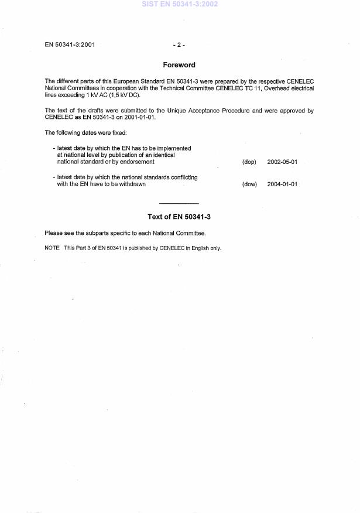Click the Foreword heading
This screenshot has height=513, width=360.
click(x=179, y=65)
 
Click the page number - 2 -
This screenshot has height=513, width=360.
click(x=179, y=45)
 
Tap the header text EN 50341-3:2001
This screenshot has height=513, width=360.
click(x=70, y=45)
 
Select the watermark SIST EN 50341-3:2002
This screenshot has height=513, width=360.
click(x=179, y=4)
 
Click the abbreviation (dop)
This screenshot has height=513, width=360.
click(x=249, y=162)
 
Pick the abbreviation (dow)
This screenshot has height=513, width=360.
click(x=249, y=184)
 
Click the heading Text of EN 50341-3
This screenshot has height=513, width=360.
click(x=179, y=217)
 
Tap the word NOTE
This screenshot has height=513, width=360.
click(x=52, y=248)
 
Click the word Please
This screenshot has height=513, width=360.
click(x=54, y=233)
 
